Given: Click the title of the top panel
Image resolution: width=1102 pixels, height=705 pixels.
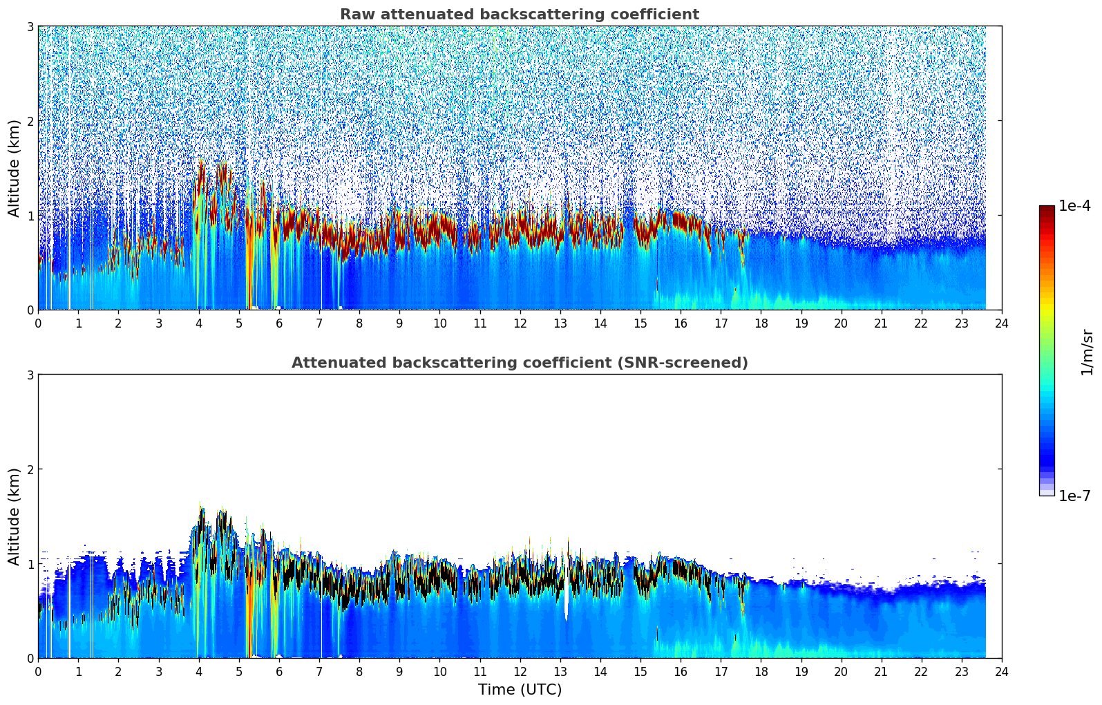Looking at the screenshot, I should [x=519, y=15].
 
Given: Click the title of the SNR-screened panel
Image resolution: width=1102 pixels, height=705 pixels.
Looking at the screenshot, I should [x=519, y=363].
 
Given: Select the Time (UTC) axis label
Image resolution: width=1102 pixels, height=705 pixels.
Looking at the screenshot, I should [x=520, y=690].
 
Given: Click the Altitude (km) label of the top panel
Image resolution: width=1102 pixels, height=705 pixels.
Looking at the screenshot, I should [x=14, y=168].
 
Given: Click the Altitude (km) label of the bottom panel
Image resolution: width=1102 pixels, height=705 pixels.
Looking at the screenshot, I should [x=14, y=516].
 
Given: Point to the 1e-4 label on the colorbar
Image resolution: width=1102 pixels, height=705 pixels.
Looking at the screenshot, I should [x=1074, y=206].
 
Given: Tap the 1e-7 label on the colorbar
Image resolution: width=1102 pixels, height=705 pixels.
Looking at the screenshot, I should [x=1074, y=496].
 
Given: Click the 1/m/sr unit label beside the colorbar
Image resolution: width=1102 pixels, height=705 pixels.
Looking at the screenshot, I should [x=1087, y=351].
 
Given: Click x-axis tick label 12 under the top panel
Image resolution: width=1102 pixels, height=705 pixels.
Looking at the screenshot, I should [x=520, y=323].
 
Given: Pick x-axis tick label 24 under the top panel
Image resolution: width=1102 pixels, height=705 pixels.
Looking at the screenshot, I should [x=1002, y=323].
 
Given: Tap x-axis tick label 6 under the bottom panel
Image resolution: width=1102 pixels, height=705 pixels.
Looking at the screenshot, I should [x=279, y=672].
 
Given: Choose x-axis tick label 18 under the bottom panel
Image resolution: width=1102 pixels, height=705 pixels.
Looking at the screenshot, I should [x=761, y=672].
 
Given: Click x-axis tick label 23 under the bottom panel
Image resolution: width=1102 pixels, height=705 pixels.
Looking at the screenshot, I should [x=962, y=672].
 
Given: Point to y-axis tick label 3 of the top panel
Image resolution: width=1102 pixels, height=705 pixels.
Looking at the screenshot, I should [x=30, y=26].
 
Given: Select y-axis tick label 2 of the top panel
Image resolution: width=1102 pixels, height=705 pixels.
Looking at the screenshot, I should [x=30, y=121].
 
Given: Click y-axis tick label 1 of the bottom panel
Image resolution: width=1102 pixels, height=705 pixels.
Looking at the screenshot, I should [x=30, y=564].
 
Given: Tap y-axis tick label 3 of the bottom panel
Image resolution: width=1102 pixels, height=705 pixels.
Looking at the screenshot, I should [x=30, y=375].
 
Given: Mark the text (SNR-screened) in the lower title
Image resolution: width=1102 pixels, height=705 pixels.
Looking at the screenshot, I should [x=681, y=363].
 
